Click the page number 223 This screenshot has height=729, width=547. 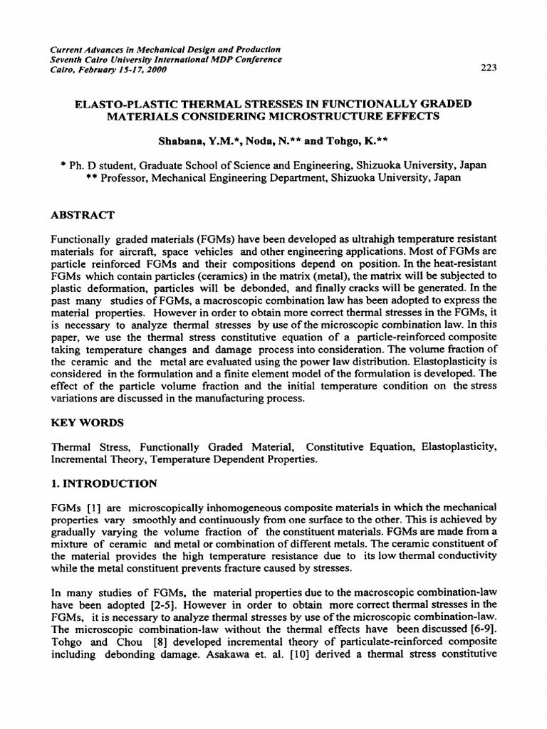pyautogui.click(x=489, y=68)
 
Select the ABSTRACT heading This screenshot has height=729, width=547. pyautogui.click(x=83, y=214)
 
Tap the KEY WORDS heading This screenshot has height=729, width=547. pyautogui.click(x=88, y=422)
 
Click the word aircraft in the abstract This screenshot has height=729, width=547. pyautogui.click(x=142, y=251)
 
